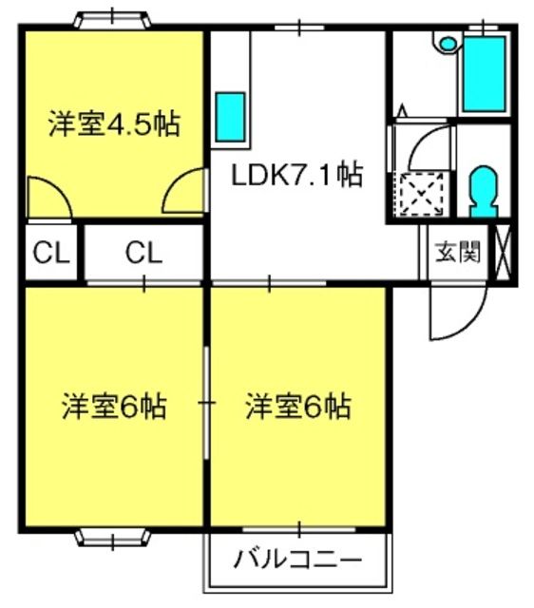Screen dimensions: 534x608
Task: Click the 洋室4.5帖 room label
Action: point(115,123)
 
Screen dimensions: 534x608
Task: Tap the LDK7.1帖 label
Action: point(297,175)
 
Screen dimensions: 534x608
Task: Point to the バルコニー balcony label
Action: point(297,560)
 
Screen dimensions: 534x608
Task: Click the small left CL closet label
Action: point(50,253)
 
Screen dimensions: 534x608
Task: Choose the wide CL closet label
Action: point(143,253)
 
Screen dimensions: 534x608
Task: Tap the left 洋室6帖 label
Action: point(115,406)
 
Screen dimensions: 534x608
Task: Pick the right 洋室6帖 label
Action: point(298,406)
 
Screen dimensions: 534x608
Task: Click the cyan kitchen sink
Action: point(230,117)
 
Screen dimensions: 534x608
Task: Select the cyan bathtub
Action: point(485,74)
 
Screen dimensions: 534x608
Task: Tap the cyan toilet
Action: point(484,191)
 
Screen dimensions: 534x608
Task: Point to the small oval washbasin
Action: point(448,44)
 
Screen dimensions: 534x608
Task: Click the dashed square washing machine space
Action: point(422,194)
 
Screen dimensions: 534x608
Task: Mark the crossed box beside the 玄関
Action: point(504,253)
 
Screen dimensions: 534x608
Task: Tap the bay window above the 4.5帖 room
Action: point(112,20)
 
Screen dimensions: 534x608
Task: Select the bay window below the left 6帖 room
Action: point(112,538)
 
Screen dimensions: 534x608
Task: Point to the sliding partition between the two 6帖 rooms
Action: point(207,403)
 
